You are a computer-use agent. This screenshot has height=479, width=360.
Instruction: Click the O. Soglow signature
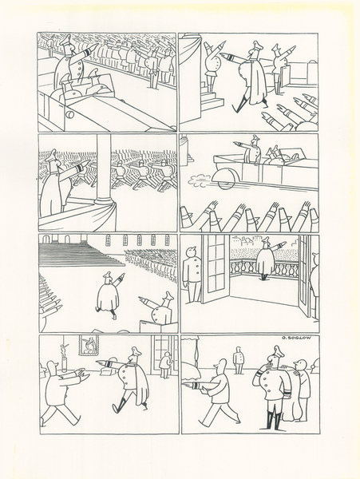(296, 338)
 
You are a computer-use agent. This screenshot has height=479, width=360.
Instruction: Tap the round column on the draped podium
(104, 170)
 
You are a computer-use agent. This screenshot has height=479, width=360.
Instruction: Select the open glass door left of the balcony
(216, 269)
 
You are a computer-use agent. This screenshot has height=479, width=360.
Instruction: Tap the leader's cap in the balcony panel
(265, 239)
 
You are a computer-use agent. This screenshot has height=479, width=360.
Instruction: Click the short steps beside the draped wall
(212, 101)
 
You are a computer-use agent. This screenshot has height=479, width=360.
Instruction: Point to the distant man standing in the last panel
(238, 360)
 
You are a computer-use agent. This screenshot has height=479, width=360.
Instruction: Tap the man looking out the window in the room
(166, 365)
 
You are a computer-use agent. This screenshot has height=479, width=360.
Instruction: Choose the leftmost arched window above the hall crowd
(108, 240)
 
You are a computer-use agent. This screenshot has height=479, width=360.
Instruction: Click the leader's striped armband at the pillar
(77, 168)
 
